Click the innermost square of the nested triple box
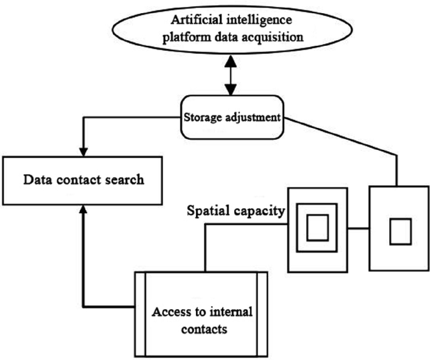tap(318, 228)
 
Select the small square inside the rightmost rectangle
tap(399, 232)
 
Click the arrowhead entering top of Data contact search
tap(82, 152)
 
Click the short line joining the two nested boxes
tap(358, 229)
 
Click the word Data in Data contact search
tap(36, 180)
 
